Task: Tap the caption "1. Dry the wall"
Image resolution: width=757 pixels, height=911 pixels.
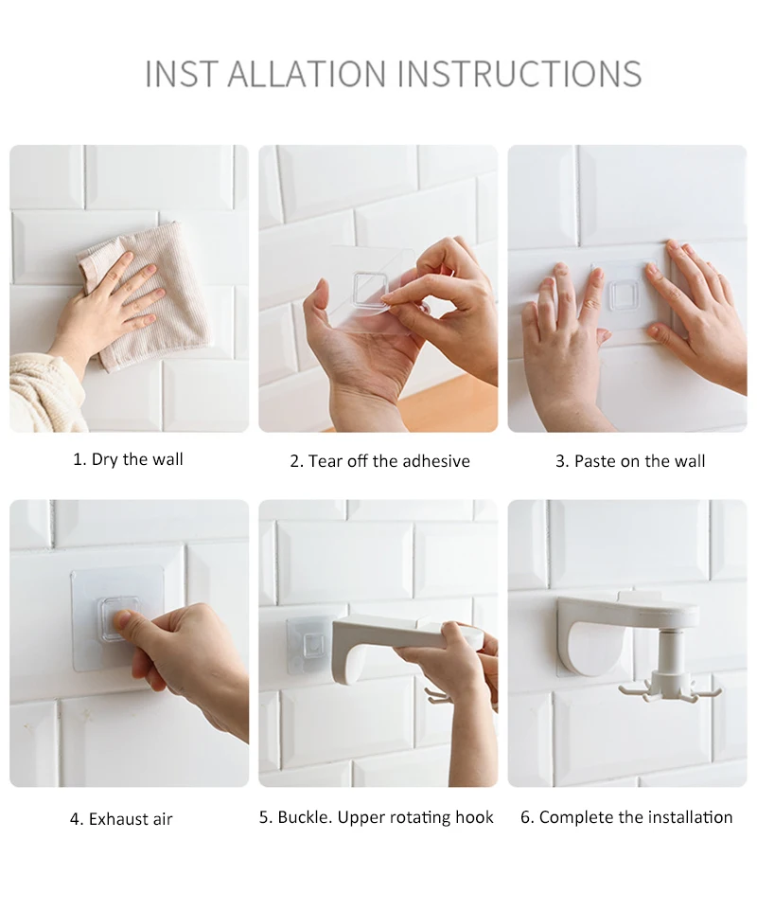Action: coord(128,459)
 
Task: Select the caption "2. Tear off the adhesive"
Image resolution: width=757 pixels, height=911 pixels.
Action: coord(379,461)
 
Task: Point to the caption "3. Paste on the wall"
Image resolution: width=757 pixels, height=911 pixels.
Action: coord(630,461)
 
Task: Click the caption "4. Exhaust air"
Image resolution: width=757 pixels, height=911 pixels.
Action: coord(121,818)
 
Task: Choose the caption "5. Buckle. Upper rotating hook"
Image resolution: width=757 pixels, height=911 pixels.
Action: coord(377,817)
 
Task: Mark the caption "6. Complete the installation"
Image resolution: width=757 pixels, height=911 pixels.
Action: coord(626,817)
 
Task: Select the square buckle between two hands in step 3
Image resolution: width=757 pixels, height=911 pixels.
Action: coord(625,295)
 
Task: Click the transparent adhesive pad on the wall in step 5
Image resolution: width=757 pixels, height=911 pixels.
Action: coord(310,644)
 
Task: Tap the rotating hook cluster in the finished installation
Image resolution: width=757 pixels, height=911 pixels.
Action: coord(669,687)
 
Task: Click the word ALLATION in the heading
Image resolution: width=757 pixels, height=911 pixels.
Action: coord(307,74)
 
